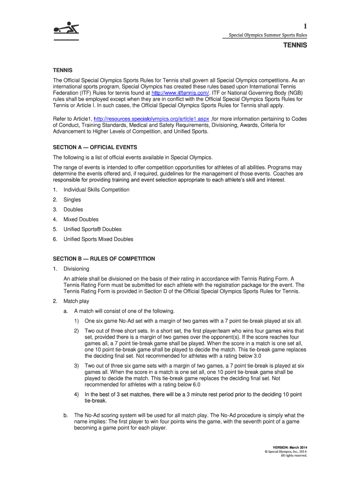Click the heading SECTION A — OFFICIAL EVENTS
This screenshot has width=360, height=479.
95,147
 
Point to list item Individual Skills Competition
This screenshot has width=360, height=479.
96,189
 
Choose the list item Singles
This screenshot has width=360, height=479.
72,200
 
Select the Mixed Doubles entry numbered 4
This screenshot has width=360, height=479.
81,219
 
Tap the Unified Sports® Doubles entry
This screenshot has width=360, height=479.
92,229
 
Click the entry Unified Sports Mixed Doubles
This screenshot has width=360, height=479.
98,239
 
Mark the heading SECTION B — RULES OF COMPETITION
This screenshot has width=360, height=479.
104,259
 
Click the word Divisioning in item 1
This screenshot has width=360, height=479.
76,269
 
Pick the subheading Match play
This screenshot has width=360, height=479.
76,301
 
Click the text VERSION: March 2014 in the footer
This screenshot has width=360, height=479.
290,448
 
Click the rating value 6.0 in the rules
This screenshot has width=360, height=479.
194,385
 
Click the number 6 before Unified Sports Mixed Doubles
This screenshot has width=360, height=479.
55,239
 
